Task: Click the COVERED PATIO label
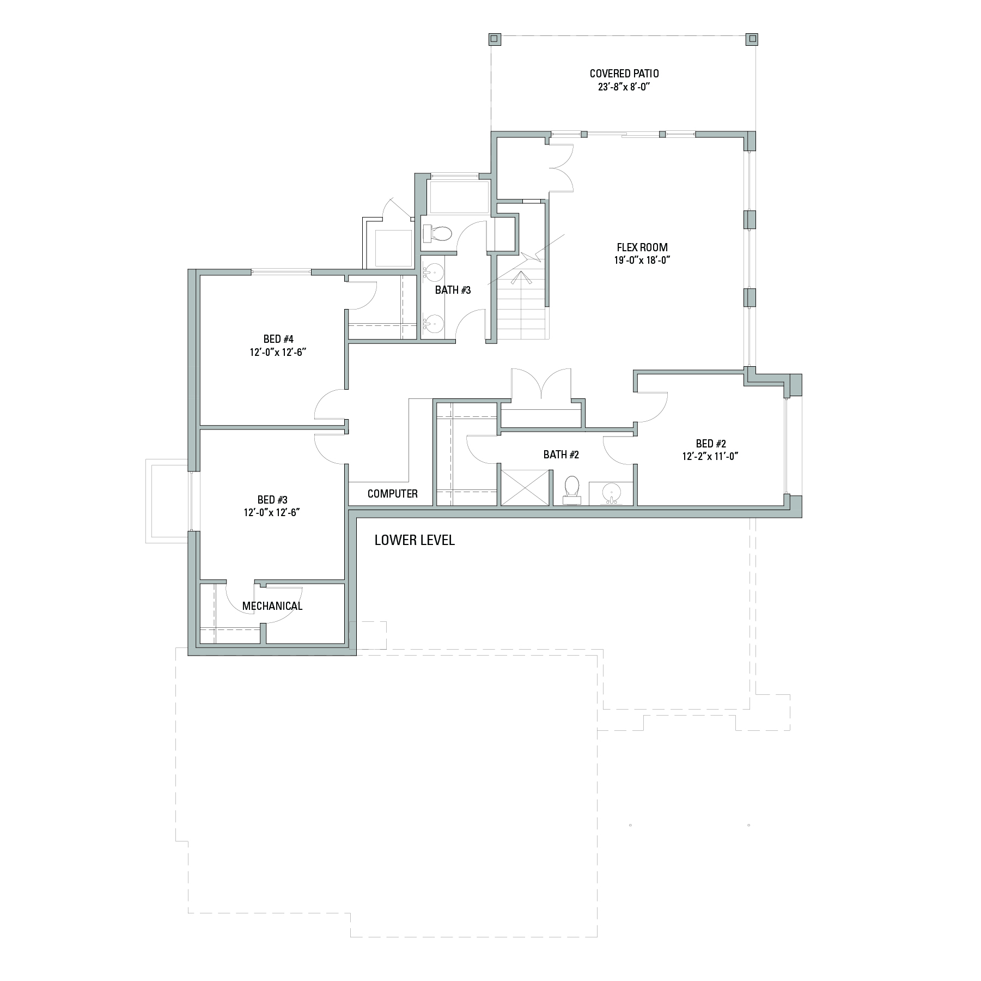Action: point(624,74)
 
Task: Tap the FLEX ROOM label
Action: point(642,247)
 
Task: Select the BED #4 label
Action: point(279,339)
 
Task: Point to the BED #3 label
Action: point(272,500)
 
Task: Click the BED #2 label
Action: point(711,444)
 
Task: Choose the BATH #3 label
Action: point(453,290)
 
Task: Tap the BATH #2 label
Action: point(561,455)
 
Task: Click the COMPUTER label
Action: point(393,494)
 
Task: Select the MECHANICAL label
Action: point(272,606)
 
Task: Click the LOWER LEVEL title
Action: point(415,540)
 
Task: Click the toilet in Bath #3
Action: point(437,234)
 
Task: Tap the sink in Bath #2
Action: point(611,494)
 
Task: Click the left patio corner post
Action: point(494,39)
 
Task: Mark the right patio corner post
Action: point(752,39)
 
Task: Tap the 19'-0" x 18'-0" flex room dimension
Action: point(642,261)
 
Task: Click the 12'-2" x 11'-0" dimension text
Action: point(710,457)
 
